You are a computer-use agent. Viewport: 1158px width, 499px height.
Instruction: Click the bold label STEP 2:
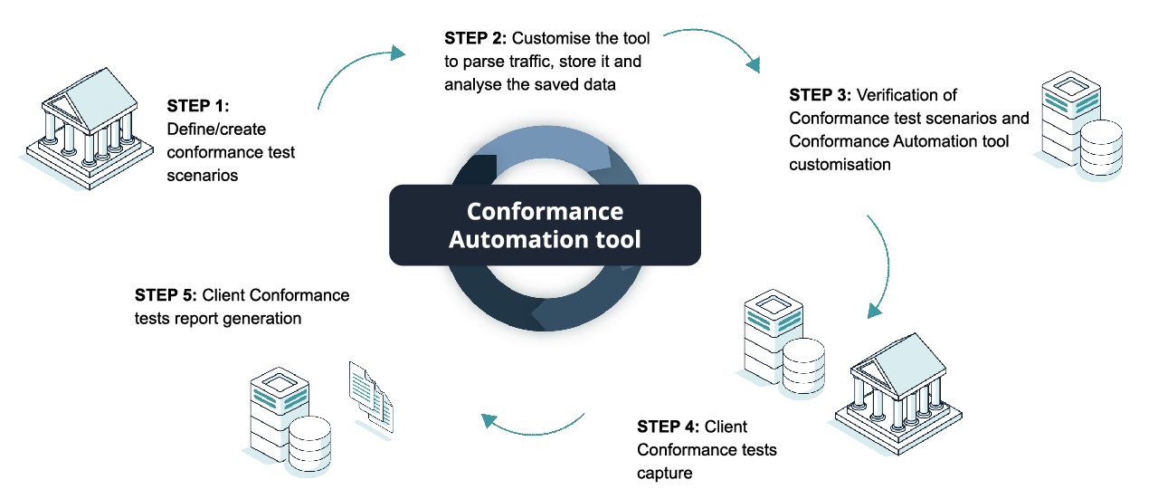tap(477, 38)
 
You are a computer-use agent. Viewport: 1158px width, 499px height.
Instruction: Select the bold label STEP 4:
tap(669, 427)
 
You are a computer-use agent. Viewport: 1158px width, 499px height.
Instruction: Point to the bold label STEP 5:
tap(166, 295)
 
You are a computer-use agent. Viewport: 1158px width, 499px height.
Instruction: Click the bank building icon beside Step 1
tap(86, 127)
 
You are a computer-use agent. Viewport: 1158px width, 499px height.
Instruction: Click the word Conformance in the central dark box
tap(545, 212)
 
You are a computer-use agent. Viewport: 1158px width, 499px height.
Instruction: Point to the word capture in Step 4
tap(665, 473)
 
